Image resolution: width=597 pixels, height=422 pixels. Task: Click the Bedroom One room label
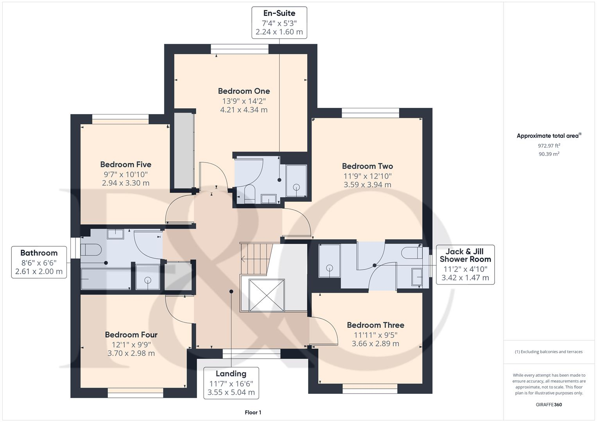244,91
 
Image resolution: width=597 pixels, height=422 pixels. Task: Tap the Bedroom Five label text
125,165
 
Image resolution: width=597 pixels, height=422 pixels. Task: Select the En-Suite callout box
279,23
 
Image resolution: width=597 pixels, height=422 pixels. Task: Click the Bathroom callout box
39,262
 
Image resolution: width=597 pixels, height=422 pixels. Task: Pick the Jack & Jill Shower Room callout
465,265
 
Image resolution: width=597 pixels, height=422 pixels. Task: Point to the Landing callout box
231,383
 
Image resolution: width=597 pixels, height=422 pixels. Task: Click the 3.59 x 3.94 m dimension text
367,185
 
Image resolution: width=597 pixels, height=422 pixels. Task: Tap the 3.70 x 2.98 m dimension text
131,353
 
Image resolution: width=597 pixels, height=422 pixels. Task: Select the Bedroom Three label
375,325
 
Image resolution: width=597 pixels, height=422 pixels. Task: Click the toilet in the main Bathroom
91,249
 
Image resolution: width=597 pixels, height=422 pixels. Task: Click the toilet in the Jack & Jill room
412,253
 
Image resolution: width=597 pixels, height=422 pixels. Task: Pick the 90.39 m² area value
549,154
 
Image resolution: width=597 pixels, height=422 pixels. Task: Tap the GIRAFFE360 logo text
549,404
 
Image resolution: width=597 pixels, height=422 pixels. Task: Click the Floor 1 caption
253,412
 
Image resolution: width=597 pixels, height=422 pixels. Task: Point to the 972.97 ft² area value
549,146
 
